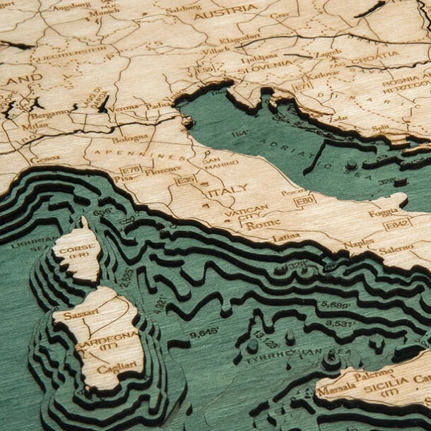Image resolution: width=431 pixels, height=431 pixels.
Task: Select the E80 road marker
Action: pos(305,201)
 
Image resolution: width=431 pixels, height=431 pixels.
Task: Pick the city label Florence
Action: pos(163,171)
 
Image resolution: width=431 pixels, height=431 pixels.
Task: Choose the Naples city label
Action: pos(359,243)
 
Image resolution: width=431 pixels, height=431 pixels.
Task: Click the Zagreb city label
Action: pos(328,52)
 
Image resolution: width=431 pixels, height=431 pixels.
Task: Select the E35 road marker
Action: pos(186,181)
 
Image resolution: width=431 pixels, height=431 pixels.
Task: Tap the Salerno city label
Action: pos(396,249)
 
